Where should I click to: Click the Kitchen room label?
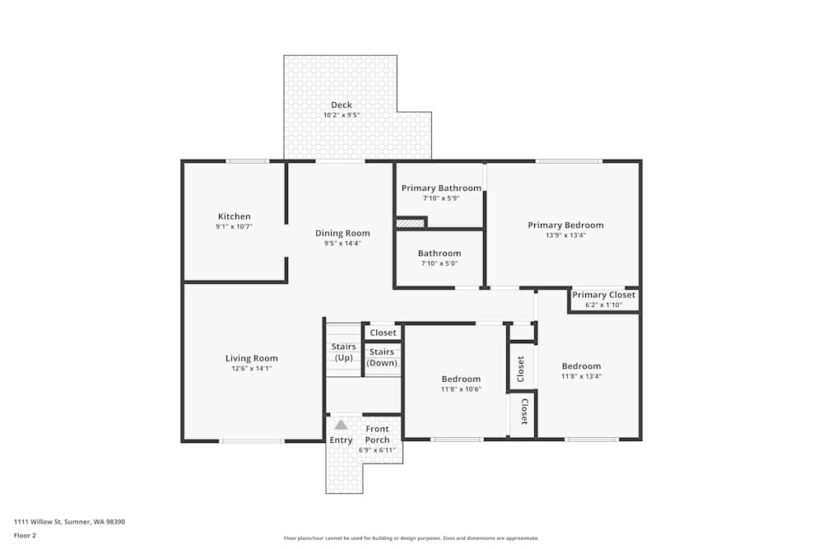click(234, 216)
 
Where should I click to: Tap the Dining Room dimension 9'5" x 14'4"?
click(342, 243)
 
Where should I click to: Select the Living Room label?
click(251, 358)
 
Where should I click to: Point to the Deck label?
click(341, 105)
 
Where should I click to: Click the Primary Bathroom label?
click(441, 188)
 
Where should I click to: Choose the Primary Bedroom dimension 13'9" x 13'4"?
click(565, 235)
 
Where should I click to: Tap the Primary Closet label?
click(603, 295)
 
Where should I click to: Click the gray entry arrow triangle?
click(341, 425)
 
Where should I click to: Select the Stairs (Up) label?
click(343, 351)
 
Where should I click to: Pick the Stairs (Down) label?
click(382, 357)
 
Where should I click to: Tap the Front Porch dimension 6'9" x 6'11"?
click(378, 450)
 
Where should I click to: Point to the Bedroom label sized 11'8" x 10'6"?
click(461, 379)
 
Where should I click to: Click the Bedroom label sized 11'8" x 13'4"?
click(581, 366)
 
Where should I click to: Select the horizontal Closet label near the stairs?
click(383, 333)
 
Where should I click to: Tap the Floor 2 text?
click(25, 535)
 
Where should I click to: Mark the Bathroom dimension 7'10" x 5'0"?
click(439, 263)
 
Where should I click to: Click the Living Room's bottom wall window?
click(252, 440)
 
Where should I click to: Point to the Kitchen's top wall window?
click(248, 161)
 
